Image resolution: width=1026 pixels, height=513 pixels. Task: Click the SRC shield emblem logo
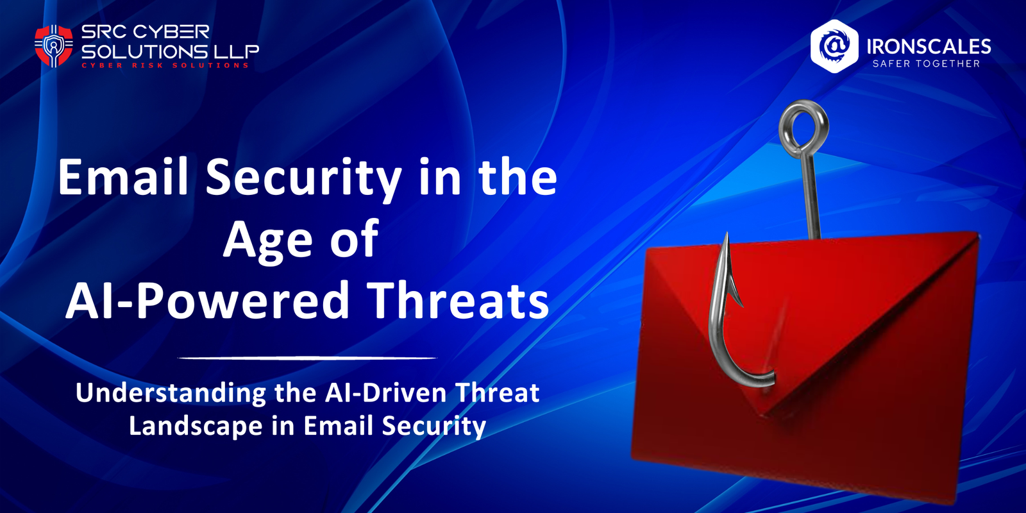[x=53, y=46]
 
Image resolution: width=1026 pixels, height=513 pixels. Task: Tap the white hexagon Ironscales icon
[x=834, y=46]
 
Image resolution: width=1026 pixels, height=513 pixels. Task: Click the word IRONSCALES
[x=929, y=46]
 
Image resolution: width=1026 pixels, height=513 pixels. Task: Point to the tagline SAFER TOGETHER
[x=926, y=63]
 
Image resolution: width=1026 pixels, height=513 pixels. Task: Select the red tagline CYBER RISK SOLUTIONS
[x=165, y=65]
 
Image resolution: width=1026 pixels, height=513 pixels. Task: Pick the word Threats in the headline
[x=460, y=300]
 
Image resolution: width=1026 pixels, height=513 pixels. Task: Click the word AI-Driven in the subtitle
[x=385, y=393]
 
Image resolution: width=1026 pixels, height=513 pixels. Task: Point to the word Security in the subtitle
[x=433, y=426]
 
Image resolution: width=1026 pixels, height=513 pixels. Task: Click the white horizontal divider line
[x=307, y=358]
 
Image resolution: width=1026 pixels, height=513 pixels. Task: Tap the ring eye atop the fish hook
[x=803, y=126]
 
